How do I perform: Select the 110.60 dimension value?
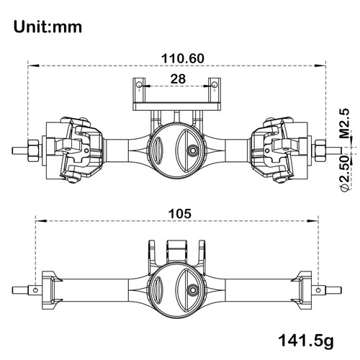click(x=176, y=58)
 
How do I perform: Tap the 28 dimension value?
click(x=176, y=77)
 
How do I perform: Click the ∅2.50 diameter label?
click(x=344, y=173)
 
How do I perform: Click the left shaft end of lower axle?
click(x=35, y=290)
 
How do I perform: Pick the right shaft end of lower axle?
click(x=320, y=290)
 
